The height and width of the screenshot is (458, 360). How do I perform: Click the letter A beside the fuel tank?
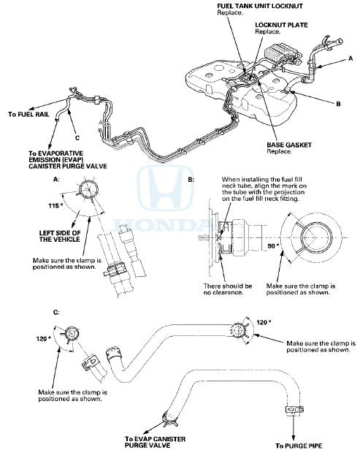351,58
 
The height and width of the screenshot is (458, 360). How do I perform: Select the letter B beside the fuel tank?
337,104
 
